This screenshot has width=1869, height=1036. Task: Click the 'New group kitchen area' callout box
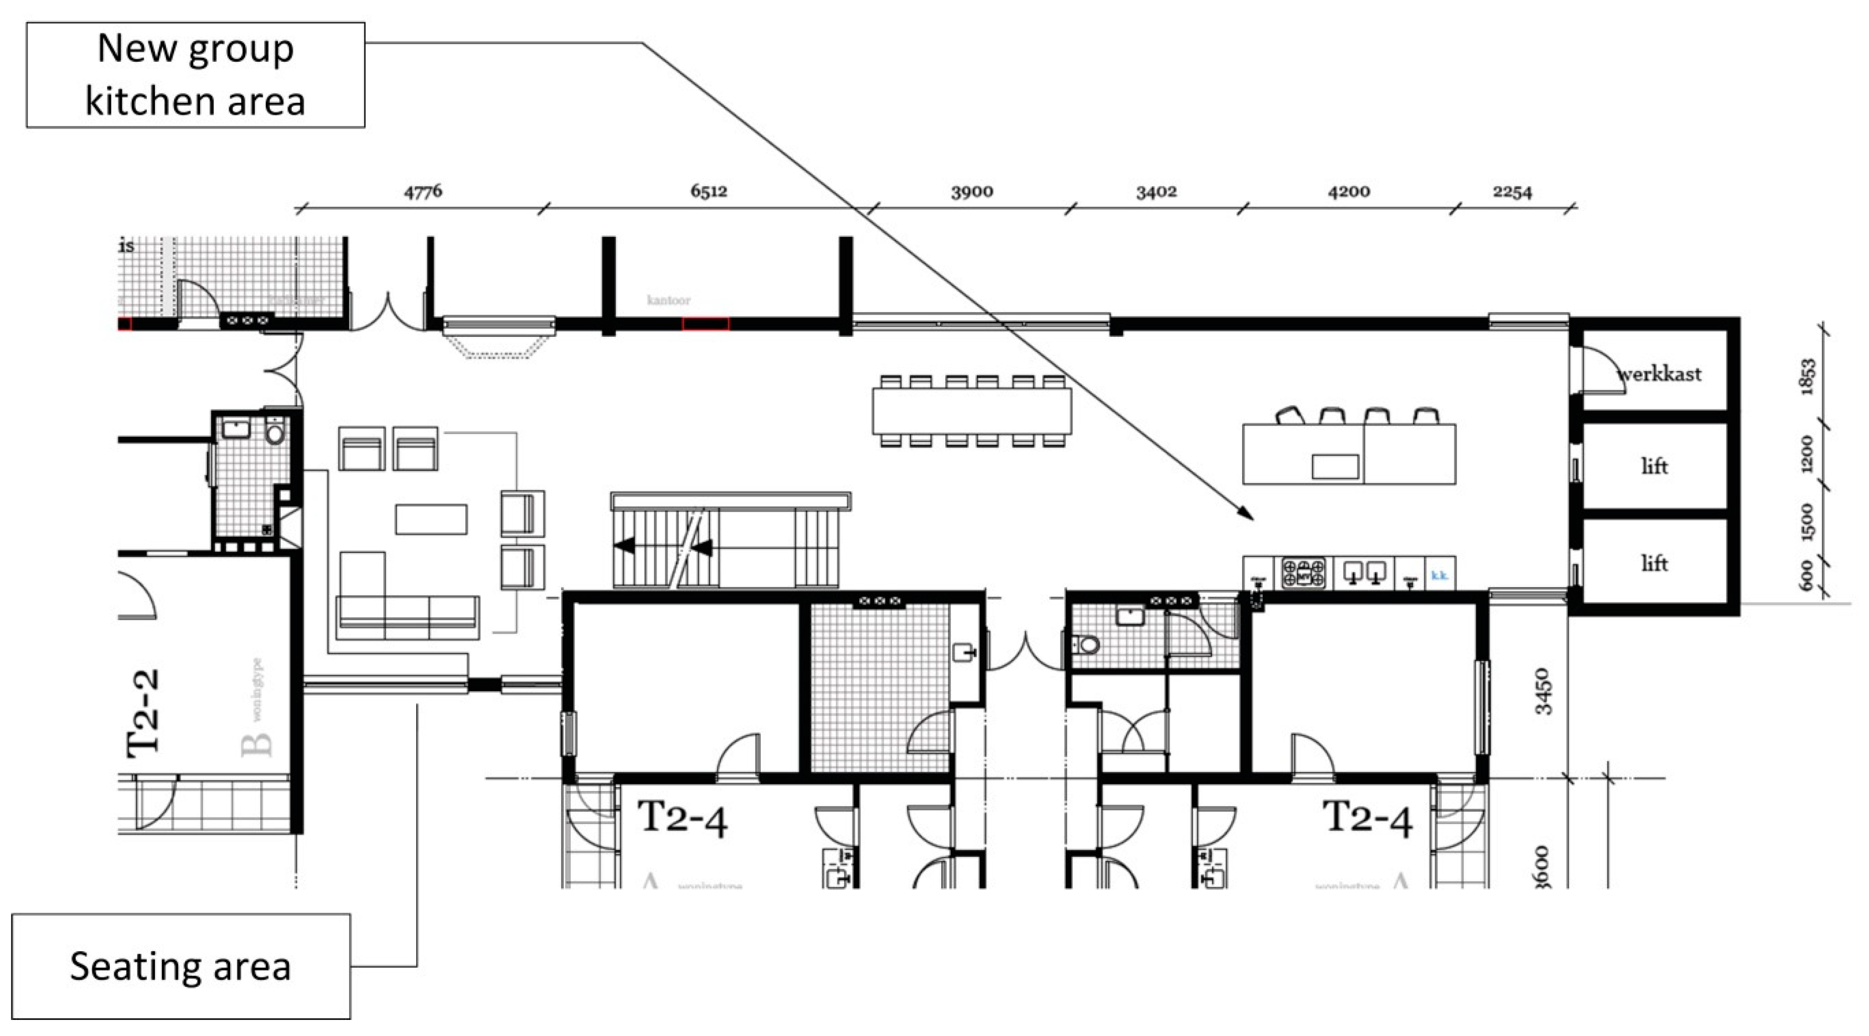coord(195,75)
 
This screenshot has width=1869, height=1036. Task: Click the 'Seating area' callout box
coord(181,966)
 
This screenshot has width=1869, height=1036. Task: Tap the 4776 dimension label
coord(423,192)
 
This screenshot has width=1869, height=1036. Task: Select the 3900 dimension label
coord(972,192)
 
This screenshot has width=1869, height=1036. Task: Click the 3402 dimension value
coord(1156,192)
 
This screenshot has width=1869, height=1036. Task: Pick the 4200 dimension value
coord(1349,192)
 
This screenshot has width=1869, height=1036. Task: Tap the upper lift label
coord(1654,466)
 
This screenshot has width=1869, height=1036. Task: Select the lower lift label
coord(1654,563)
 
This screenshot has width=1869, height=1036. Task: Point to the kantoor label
coord(668,300)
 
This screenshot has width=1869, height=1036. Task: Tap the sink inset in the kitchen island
coord(1335,466)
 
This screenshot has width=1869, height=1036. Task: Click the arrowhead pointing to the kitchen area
coord(1247,514)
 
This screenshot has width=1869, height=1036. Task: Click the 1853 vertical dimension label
coord(1807,376)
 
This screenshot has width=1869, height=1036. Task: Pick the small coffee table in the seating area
coord(431,519)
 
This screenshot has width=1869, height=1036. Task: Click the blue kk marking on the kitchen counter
coord(1439,575)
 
